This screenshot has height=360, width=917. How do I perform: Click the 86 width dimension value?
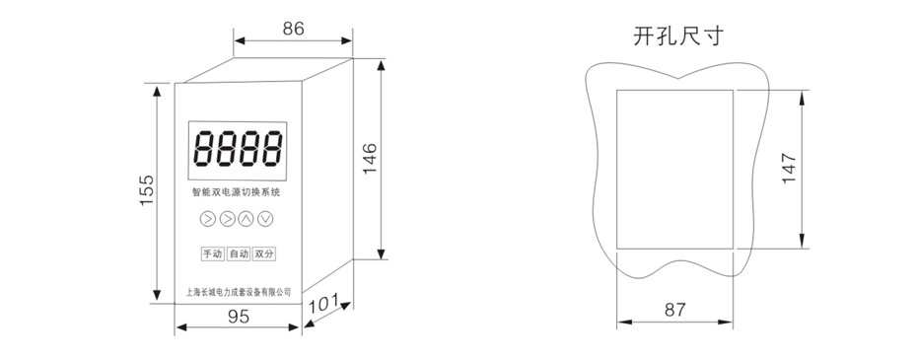pos(294,28)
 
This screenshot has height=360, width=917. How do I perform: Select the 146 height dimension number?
pos(370,158)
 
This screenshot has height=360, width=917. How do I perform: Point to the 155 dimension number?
pos(146,189)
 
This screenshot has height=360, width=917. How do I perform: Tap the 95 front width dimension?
pos(239,316)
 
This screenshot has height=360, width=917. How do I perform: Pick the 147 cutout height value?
pos(790,168)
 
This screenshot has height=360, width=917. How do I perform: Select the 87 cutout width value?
pos(674,310)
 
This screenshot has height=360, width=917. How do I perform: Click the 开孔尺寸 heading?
pos(677,36)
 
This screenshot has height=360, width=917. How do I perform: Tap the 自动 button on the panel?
pos(239,254)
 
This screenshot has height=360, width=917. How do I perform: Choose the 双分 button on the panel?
pos(263,254)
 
